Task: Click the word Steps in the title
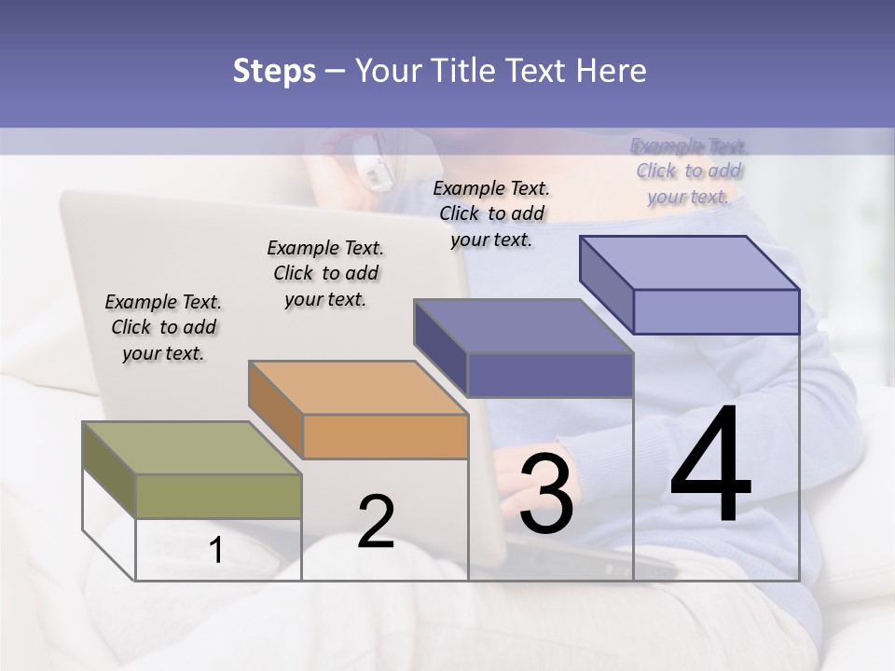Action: click(x=274, y=71)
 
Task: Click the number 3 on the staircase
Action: click(x=546, y=494)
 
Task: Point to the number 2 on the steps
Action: click(x=376, y=522)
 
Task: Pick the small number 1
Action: click(x=216, y=551)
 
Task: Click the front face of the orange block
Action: click(x=385, y=436)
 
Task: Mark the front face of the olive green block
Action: click(x=218, y=496)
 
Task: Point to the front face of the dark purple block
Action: click(x=550, y=375)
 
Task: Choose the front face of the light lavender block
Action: click(x=716, y=311)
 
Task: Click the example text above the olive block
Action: click(x=163, y=327)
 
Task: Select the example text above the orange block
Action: click(x=325, y=273)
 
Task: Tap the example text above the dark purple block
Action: click(x=491, y=213)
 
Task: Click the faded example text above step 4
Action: click(x=689, y=171)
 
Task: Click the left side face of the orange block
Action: click(x=276, y=409)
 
